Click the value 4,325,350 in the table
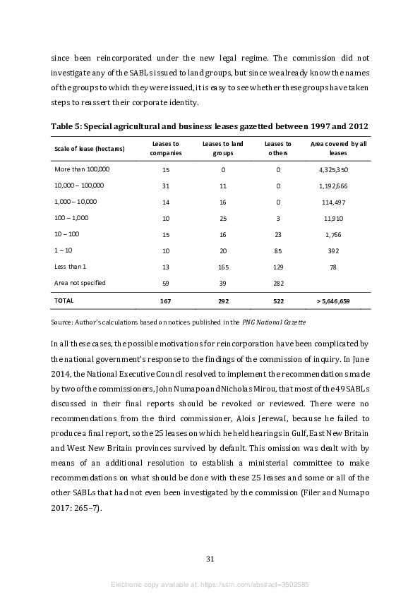pyautogui.click(x=333, y=170)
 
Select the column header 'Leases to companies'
pyautogui.click(x=166, y=148)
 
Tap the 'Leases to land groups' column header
pyautogui.click(x=223, y=148)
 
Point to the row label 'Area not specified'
pyautogui.click(x=80, y=283)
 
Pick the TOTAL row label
pyautogui.click(x=64, y=301)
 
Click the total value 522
pyautogui.click(x=278, y=301)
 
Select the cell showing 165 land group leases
pyautogui.click(x=223, y=267)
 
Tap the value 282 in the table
pyautogui.click(x=278, y=284)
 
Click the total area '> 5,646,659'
pyautogui.click(x=333, y=301)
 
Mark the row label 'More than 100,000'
pyautogui.click(x=82, y=169)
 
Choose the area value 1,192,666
pyautogui.click(x=333, y=186)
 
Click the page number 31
pyautogui.click(x=210, y=559)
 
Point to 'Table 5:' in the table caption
pyautogui.click(x=68, y=126)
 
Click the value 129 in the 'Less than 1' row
pyautogui.click(x=278, y=267)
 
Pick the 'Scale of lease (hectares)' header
pyautogui.click(x=90, y=148)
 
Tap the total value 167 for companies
pyautogui.click(x=166, y=301)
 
